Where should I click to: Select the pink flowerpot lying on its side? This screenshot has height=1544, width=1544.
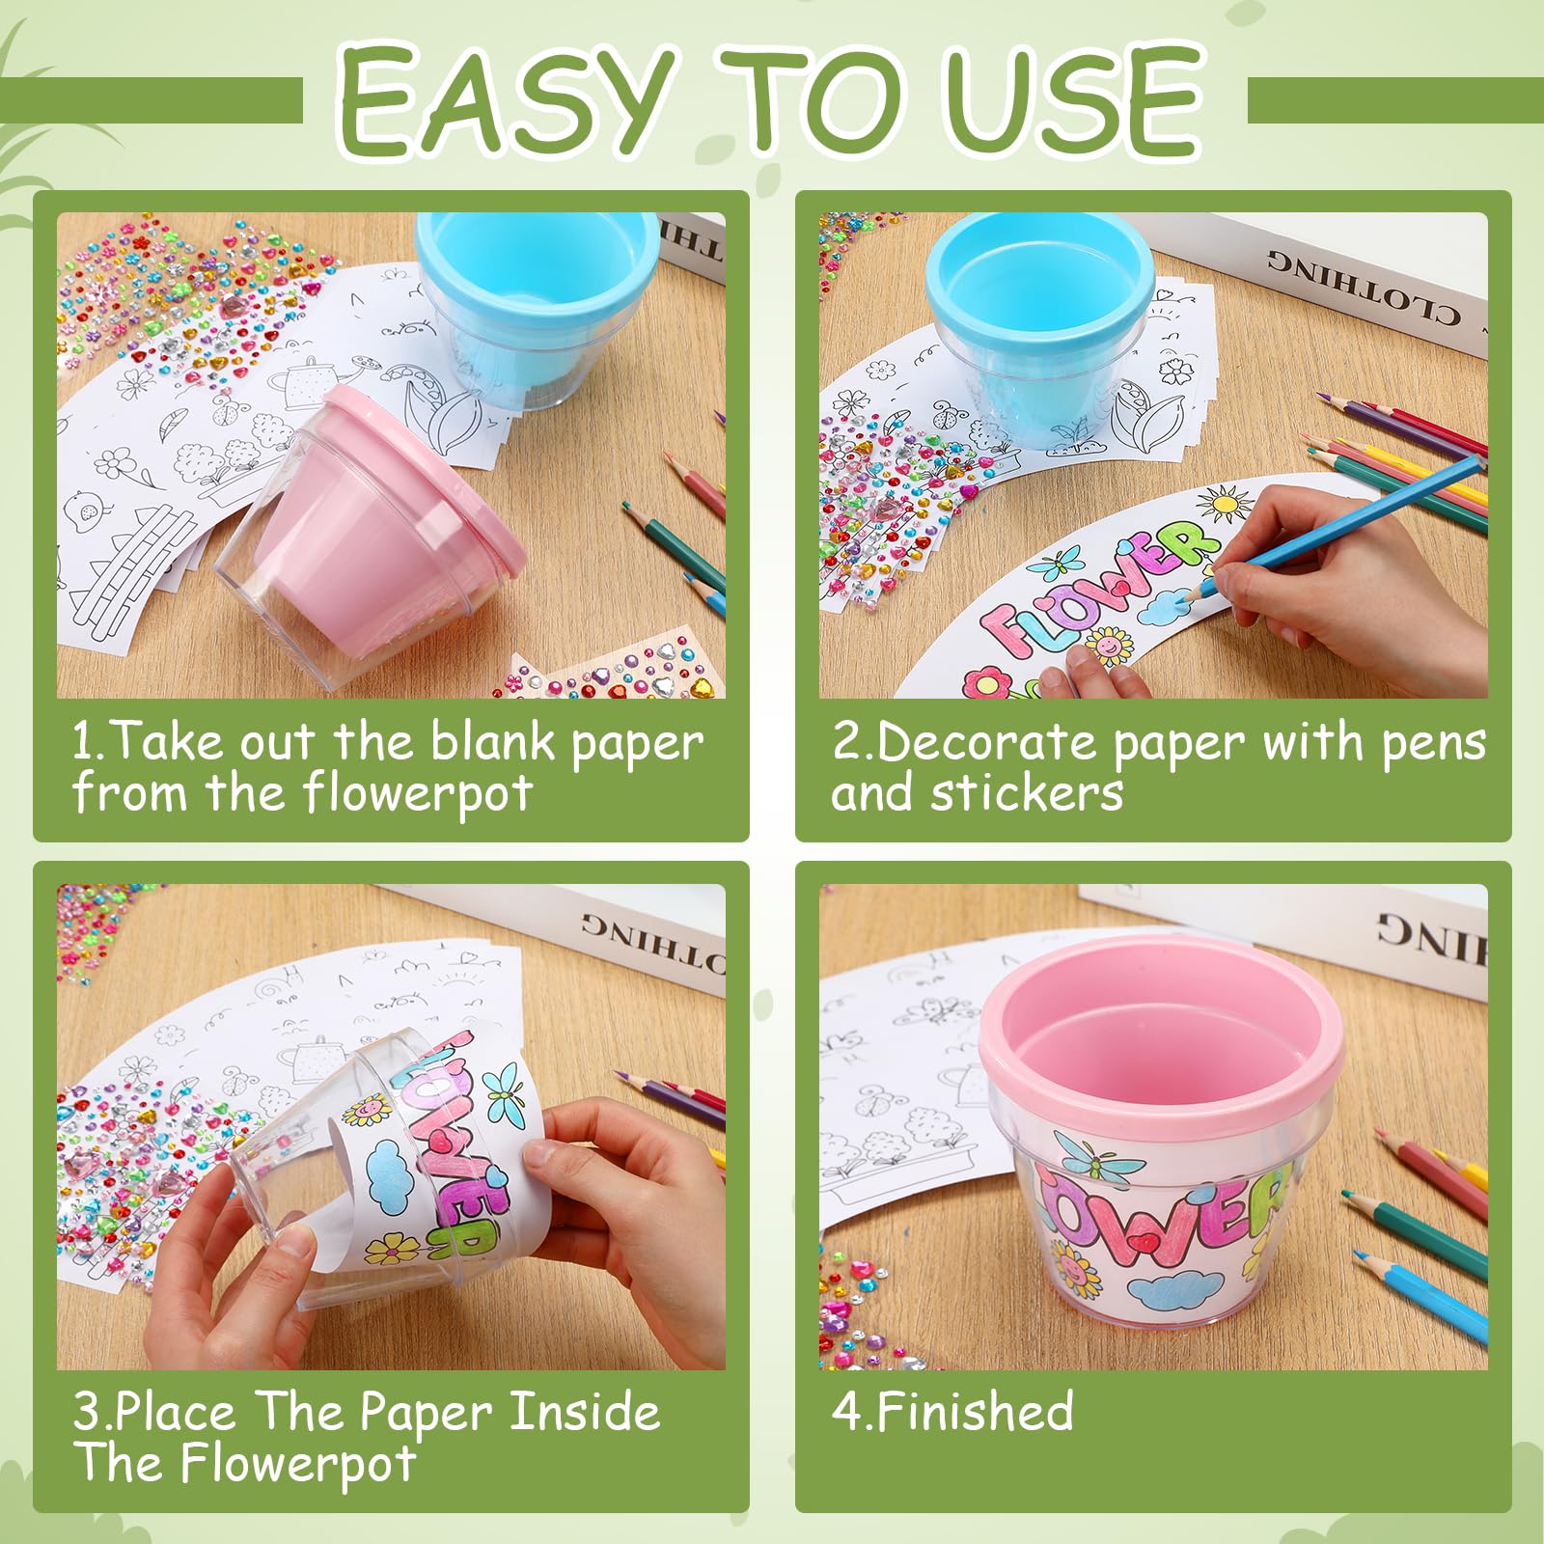click(372, 536)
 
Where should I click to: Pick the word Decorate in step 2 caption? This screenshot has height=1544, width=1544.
click(990, 741)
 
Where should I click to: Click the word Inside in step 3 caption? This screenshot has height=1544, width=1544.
click(585, 1412)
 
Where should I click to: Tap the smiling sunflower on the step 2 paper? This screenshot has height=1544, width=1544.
click(1110, 644)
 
